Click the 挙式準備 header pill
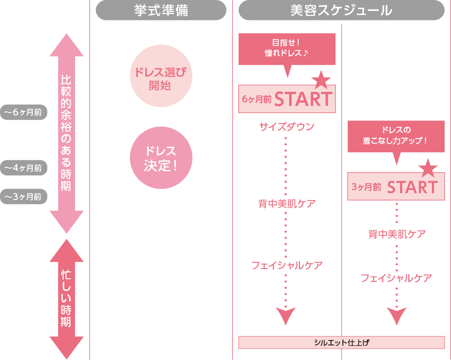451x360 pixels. pos(161,10)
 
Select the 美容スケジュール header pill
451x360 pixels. pos(341,10)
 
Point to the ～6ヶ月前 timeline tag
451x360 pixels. pos(24,112)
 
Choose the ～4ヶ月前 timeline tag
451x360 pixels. pos(24,168)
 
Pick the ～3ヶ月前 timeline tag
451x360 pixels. pos(24,197)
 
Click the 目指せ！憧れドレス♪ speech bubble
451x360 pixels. pos(287,49)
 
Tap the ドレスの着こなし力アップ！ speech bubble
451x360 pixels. pos(396,136)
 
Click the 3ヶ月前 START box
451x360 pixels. pos(396,186)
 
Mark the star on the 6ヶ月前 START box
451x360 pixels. pos(321,80)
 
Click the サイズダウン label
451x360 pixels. pos(287,127)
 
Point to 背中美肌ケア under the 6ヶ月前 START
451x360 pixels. pos(287,204)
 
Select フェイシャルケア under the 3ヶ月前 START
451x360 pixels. pos(396,278)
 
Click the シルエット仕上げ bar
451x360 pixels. pos(341,342)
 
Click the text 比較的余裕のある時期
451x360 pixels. pos(66,132)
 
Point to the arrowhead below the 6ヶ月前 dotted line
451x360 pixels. pos(286,315)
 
